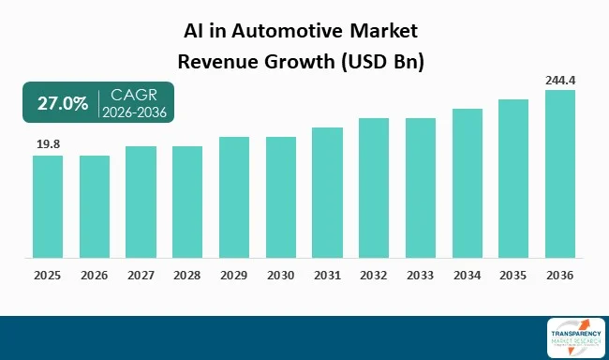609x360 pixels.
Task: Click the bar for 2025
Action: tap(48, 206)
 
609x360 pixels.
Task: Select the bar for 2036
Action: tap(560, 173)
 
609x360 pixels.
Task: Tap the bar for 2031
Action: tap(327, 192)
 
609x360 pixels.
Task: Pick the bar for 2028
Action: tap(187, 202)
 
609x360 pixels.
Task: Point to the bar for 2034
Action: tap(467, 183)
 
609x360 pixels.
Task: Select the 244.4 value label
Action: tap(560, 81)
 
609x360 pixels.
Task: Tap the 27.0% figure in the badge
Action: tap(61, 103)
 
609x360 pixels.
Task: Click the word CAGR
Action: tap(133, 95)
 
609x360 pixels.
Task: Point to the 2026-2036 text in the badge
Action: tap(134, 112)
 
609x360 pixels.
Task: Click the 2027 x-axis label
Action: tap(141, 276)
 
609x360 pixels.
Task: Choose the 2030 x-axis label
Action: tap(281, 276)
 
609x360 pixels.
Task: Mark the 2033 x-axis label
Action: tap(421, 276)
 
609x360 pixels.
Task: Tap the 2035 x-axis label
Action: tap(513, 276)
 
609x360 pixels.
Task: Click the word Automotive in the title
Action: tap(280, 31)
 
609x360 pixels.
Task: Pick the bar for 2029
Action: tap(234, 197)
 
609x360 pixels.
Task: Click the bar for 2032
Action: tap(374, 187)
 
